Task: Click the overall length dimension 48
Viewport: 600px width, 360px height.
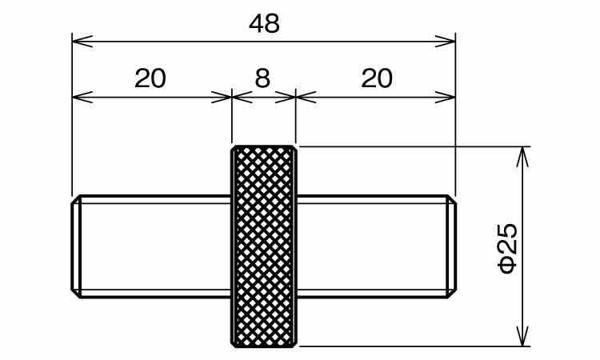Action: pyautogui.click(x=264, y=23)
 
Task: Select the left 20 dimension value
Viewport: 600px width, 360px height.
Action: pyautogui.click(x=150, y=78)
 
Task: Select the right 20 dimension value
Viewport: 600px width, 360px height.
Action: pyautogui.click(x=377, y=78)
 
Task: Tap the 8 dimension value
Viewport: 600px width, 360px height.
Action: pyautogui.click(x=262, y=78)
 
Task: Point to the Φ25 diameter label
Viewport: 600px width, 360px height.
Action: pyautogui.click(x=508, y=248)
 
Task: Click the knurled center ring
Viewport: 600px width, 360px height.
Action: pyautogui.click(x=264, y=246)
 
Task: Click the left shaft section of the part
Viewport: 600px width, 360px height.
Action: pyautogui.click(x=151, y=246)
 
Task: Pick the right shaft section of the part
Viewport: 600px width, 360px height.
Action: pyautogui.click(x=376, y=246)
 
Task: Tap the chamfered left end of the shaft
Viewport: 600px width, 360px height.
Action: pyautogui.click(x=76, y=246)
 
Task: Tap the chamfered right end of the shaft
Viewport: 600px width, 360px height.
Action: pyautogui.click(x=451, y=246)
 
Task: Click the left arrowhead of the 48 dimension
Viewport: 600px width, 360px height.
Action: pyautogui.click(x=82, y=42)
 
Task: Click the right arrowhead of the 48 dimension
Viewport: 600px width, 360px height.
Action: pyautogui.click(x=446, y=42)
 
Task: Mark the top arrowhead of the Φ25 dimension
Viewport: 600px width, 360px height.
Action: pyautogui.click(x=522, y=157)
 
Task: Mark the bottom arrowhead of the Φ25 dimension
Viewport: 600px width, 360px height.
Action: pyautogui.click(x=522, y=336)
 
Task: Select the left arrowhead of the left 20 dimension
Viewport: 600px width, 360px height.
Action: pyautogui.click(x=82, y=97)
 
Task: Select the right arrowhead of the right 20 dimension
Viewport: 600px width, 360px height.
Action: pyautogui.click(x=446, y=97)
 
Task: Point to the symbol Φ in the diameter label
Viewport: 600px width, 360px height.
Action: pyautogui.click(x=508, y=265)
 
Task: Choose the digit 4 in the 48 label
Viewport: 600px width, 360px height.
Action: pyautogui.click(x=256, y=24)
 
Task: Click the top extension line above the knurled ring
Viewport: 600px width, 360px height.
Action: pyautogui.click(x=414, y=146)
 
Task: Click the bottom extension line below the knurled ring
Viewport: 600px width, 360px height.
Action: pyautogui.click(x=414, y=346)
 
